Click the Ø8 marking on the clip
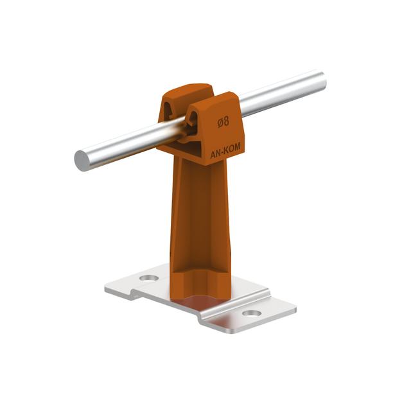pos(223,122)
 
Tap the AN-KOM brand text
pos(225,151)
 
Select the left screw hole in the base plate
pos(149,278)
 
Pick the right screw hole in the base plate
pos(252,313)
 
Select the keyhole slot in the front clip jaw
pos(193,119)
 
